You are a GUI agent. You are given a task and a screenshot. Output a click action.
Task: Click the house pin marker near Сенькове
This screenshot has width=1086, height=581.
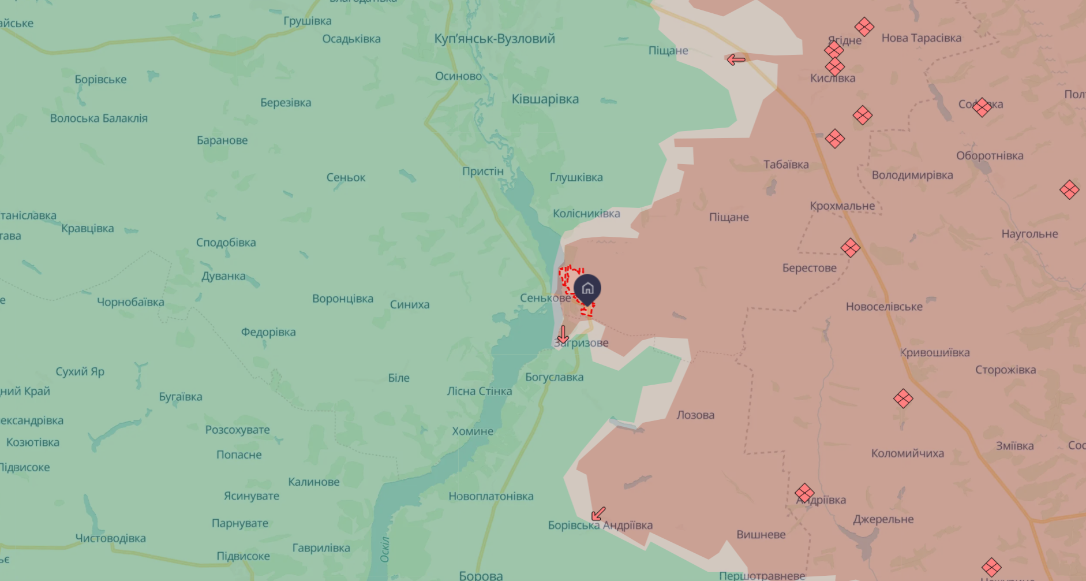(x=587, y=288)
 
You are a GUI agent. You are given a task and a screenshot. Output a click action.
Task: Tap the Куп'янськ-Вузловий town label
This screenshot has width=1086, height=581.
(x=495, y=39)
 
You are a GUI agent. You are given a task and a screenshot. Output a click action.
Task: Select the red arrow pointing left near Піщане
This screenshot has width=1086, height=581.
(x=736, y=59)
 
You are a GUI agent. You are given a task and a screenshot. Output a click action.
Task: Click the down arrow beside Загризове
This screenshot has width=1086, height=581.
(x=563, y=334)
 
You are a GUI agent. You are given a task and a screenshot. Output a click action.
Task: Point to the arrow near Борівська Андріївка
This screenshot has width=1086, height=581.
(x=598, y=513)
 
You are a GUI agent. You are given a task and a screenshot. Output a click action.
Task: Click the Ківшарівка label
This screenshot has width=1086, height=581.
(x=545, y=99)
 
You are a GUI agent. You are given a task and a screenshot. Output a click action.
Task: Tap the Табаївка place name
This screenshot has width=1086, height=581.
(x=786, y=165)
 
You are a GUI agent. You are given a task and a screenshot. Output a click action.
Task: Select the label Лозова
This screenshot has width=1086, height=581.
(x=695, y=415)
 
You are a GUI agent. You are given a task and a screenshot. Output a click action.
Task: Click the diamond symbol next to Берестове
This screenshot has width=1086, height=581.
(x=850, y=248)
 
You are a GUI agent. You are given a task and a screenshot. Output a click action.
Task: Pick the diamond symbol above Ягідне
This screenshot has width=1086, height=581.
(x=864, y=27)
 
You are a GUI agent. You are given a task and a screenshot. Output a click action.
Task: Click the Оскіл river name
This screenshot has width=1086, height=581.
(x=385, y=549)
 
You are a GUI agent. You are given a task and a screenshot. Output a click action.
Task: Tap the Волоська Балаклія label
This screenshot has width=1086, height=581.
(x=99, y=118)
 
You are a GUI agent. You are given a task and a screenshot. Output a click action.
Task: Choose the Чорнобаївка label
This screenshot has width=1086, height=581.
(x=130, y=302)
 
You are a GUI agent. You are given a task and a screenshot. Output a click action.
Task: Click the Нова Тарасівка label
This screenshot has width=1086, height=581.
(x=921, y=38)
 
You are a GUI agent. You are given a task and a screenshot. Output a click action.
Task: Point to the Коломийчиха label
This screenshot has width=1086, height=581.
(x=907, y=453)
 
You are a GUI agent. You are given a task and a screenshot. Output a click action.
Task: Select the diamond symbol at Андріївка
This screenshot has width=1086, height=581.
(x=804, y=493)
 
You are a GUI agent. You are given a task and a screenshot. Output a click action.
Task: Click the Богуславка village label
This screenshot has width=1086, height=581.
(x=554, y=377)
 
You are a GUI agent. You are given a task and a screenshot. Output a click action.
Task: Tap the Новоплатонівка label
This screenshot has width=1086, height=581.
(x=490, y=496)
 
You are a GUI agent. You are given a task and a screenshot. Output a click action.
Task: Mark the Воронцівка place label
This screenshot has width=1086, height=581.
(x=343, y=299)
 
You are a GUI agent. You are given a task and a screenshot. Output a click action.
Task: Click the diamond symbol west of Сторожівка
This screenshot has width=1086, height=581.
(x=903, y=398)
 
